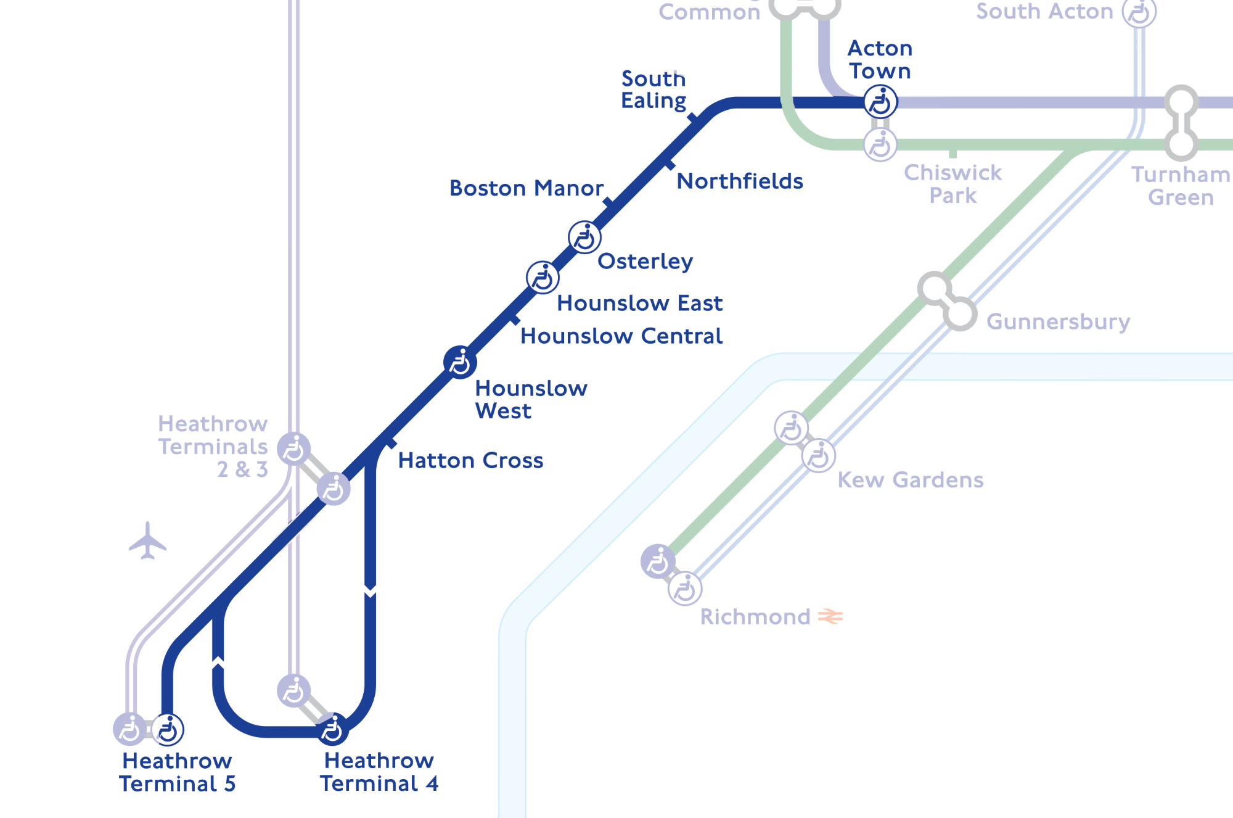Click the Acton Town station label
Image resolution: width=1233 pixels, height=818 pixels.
pyautogui.click(x=880, y=60)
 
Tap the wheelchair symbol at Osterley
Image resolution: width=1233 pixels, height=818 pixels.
pyautogui.click(x=584, y=237)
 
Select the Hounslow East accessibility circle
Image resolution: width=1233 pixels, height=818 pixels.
pyautogui.click(x=543, y=278)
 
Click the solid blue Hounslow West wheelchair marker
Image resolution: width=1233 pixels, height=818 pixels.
pyautogui.click(x=460, y=362)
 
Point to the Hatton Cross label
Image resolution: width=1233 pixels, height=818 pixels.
pyautogui.click(x=470, y=461)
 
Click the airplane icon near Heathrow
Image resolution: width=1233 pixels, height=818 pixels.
pyautogui.click(x=147, y=541)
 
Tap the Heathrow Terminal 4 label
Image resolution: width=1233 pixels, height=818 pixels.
pyautogui.click(x=379, y=772)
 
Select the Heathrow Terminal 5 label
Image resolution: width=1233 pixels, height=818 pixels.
pyautogui.click(x=177, y=772)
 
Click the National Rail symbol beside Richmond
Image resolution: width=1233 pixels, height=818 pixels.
pyautogui.click(x=830, y=616)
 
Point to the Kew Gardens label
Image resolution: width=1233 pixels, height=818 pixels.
pyautogui.click(x=910, y=480)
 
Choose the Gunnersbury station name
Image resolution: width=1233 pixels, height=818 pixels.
pyautogui.click(x=1058, y=322)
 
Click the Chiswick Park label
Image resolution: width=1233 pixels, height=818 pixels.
pyautogui.click(x=952, y=184)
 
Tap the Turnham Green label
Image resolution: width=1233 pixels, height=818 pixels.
pyautogui.click(x=1181, y=186)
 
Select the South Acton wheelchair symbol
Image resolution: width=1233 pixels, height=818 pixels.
pyautogui.click(x=1139, y=12)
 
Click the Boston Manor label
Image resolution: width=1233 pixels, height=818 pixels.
pyautogui.click(x=526, y=188)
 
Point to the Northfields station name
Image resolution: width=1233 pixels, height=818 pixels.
pyautogui.click(x=740, y=181)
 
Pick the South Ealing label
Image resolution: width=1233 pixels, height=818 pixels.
pyautogui.click(x=653, y=89)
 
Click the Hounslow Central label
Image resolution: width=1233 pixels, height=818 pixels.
pyautogui.click(x=621, y=336)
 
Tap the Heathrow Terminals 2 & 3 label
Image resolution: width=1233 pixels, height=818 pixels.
pyautogui.click(x=213, y=447)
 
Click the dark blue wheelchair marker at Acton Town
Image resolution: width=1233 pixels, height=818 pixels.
pyautogui.click(x=880, y=102)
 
